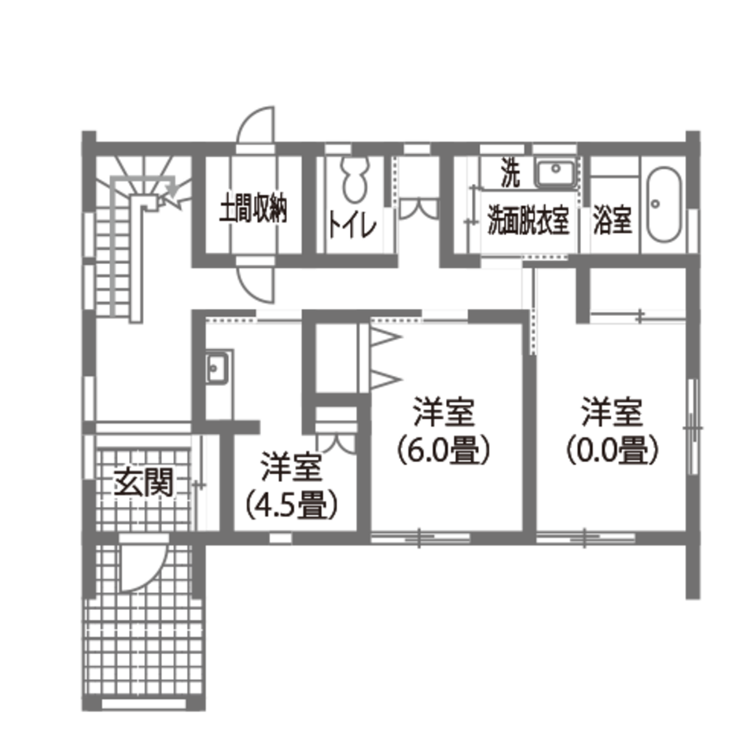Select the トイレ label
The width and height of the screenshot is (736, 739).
point(353,226)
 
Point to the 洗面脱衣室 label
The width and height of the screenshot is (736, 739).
point(528,222)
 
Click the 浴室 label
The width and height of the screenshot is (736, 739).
point(613,221)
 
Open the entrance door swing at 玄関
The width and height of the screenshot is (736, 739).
point(145,562)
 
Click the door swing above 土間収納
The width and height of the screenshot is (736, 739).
point(258,126)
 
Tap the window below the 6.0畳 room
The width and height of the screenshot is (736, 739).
point(420,539)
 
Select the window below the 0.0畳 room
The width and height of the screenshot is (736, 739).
point(586,539)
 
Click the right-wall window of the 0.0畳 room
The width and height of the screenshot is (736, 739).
point(693,427)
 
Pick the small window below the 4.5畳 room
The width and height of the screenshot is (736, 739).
point(280,539)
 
